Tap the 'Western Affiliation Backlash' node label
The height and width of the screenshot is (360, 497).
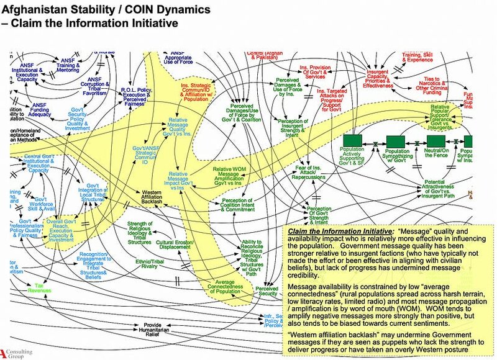[152, 197]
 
